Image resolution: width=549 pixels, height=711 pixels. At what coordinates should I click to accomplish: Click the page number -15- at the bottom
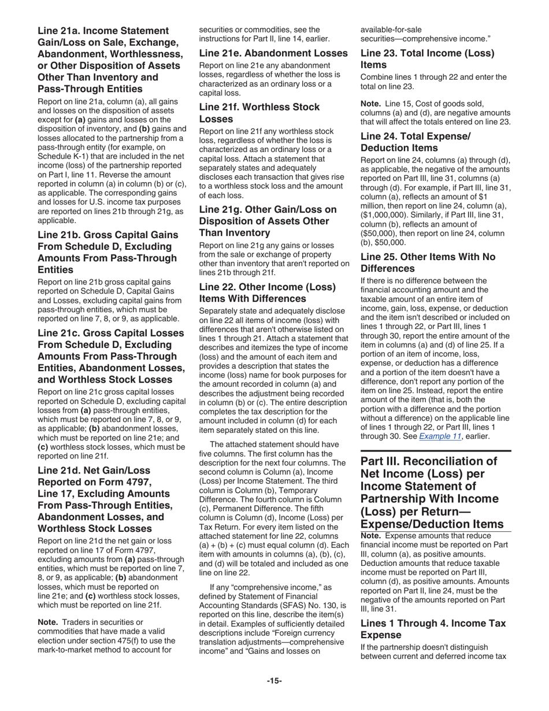tap(274, 681)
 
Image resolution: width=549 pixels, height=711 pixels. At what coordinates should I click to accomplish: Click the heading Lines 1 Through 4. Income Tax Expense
tap(433, 628)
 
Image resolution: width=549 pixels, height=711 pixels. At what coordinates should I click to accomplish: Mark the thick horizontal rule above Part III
tap(436, 450)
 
